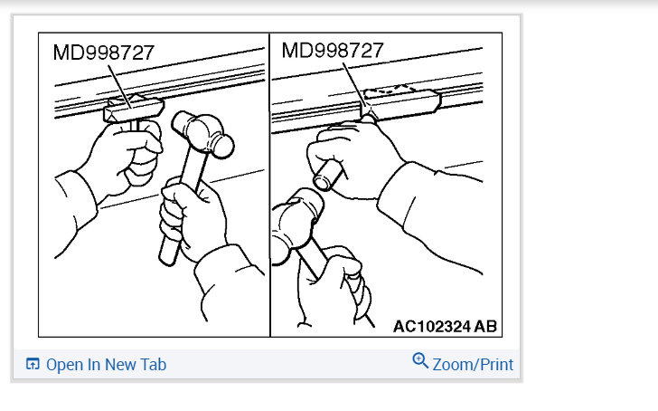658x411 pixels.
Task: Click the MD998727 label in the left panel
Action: [103, 53]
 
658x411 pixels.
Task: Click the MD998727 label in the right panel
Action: [333, 50]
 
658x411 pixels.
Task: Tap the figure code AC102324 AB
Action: [445, 326]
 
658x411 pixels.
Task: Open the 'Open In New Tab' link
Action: [106, 365]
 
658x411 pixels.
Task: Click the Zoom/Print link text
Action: [473, 365]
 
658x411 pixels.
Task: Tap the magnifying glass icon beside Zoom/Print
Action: [419, 361]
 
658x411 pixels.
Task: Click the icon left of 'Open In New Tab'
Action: [33, 365]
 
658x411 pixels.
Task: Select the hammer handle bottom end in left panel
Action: [166, 255]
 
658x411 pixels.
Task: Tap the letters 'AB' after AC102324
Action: [485, 326]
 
